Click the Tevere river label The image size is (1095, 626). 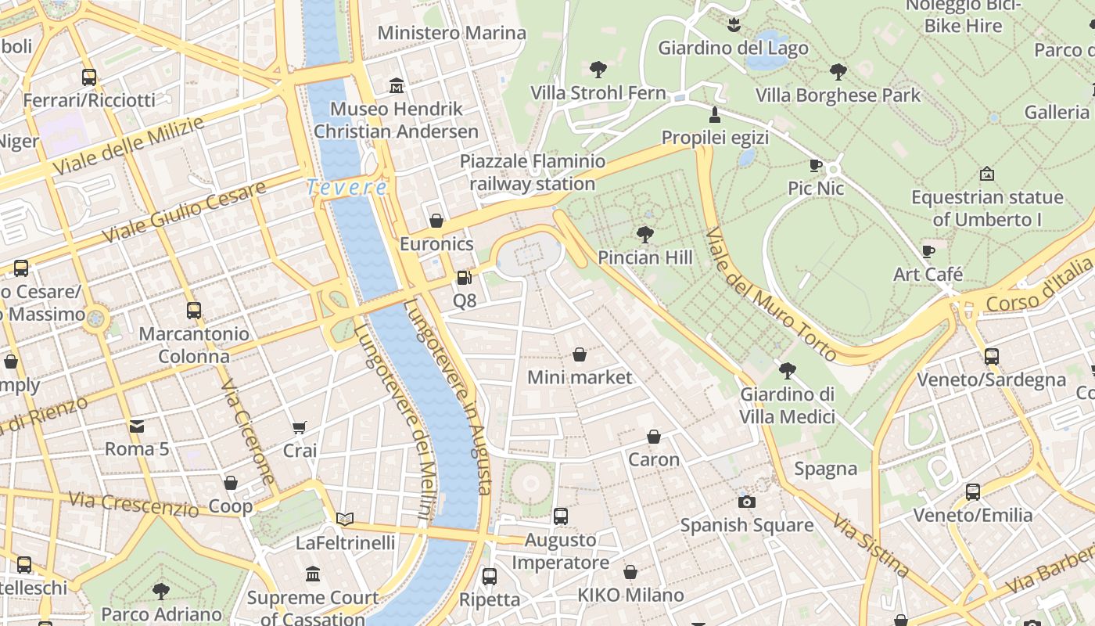346,188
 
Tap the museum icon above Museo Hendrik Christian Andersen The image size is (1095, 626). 397,85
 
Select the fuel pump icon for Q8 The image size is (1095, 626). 464,278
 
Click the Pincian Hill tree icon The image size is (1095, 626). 644,234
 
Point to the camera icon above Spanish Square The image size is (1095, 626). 747,502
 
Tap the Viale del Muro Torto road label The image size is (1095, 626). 770,295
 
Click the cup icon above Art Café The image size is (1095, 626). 928,251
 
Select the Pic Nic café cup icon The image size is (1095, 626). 815,165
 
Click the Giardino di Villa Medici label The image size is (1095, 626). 787,405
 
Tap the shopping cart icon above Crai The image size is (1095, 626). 299,427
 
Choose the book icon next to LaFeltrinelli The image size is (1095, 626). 345,519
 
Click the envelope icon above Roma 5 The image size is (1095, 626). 137,426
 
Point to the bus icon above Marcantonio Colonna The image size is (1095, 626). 194,311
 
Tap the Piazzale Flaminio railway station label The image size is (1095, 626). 533,173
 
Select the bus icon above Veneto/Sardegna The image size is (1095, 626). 991,357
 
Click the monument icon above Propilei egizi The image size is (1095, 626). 713,116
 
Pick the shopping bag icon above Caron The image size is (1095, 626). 653,437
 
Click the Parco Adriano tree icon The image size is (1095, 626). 161,591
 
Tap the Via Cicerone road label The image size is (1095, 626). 248,432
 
